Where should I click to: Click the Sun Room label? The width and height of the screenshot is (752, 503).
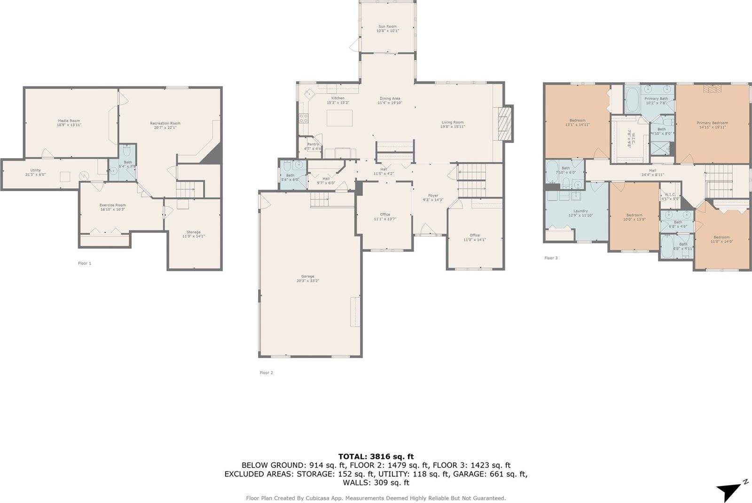point(387,26)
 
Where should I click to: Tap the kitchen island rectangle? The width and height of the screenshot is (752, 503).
point(339,118)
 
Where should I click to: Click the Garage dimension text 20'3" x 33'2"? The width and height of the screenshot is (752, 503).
point(307,281)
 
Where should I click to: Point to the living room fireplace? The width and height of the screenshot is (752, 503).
point(503,123)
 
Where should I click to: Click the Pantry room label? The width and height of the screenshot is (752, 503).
point(313,144)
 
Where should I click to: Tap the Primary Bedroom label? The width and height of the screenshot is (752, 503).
point(712,123)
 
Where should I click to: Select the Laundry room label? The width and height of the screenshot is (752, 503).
point(580,211)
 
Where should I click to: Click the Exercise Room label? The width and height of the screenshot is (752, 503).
point(112,205)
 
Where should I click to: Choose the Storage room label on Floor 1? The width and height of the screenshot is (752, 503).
point(193,232)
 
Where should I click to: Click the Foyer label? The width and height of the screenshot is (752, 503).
point(433,195)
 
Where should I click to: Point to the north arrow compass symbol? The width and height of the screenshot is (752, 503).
point(730,490)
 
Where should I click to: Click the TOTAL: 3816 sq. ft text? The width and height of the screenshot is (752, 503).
point(376,456)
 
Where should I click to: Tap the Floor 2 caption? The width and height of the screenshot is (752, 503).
point(266,373)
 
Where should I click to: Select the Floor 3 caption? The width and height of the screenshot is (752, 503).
point(551,258)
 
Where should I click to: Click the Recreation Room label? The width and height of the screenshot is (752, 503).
point(165,123)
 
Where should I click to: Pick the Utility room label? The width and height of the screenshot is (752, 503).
point(35,170)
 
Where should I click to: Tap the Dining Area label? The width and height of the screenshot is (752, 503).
point(390,99)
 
